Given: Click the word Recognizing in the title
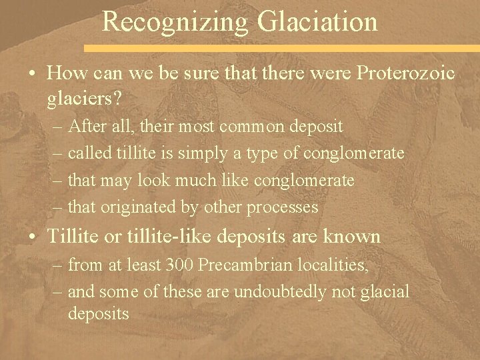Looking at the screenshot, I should point(175,23).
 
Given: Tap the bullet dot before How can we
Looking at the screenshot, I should point(33,73).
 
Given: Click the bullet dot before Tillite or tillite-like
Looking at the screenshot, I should point(33,237).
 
